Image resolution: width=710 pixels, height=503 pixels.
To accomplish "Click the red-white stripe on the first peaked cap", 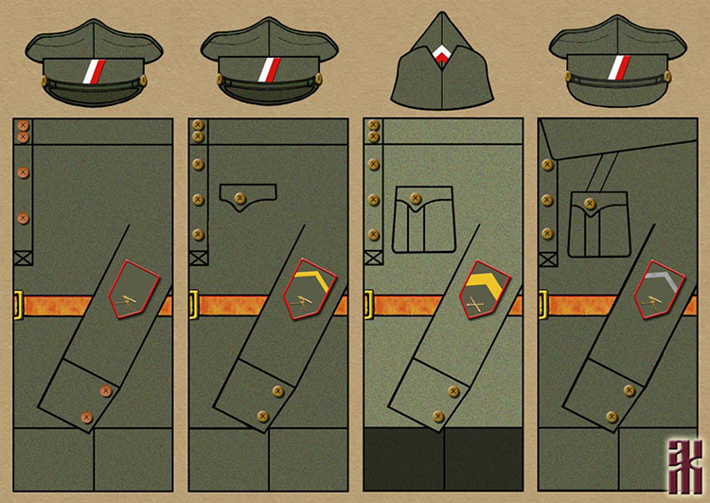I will pyautogui.click(x=94, y=70).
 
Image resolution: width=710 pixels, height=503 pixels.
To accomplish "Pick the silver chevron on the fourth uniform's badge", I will pyautogui.click(x=658, y=281).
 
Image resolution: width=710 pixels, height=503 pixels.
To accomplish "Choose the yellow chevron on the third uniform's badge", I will pyautogui.click(x=483, y=281).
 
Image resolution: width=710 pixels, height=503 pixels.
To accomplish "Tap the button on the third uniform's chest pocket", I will pyautogui.click(x=415, y=199).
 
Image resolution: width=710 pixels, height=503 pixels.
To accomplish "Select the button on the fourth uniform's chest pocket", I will pyautogui.click(x=589, y=203).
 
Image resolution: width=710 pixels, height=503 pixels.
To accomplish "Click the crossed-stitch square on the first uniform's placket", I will pyautogui.click(x=24, y=257).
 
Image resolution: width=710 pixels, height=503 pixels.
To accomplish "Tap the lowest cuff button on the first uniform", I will pyautogui.click(x=86, y=416).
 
